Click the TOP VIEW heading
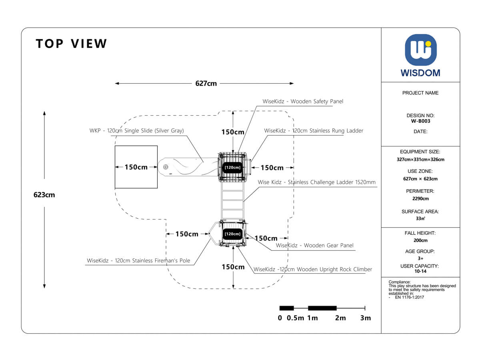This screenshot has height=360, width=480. click(x=72, y=44)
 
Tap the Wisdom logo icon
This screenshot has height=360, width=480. click(x=420, y=50)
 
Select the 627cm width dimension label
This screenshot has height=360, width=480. click(x=206, y=84)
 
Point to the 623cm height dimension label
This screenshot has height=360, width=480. click(x=44, y=195)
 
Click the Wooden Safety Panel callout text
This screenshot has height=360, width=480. click(x=303, y=102)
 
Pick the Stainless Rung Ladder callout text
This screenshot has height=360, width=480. click(x=314, y=131)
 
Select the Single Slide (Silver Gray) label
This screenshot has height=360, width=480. click(x=137, y=131)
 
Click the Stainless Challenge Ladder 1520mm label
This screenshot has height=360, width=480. click(x=317, y=182)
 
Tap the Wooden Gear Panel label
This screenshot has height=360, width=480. click(x=314, y=246)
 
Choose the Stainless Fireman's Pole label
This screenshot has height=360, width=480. click(x=138, y=261)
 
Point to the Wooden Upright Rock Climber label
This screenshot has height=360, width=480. click(x=313, y=270)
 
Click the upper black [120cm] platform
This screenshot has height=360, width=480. click(x=232, y=167)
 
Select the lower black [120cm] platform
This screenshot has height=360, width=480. click(x=232, y=234)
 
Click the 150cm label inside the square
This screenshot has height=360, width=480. click(x=136, y=167)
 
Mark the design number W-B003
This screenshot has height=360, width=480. click(x=420, y=121)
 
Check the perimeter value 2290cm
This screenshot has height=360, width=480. click(x=420, y=198)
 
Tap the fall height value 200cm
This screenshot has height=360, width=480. click(x=420, y=240)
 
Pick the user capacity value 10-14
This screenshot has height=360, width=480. click(x=420, y=271)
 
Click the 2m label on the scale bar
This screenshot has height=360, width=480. click(x=340, y=318)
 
